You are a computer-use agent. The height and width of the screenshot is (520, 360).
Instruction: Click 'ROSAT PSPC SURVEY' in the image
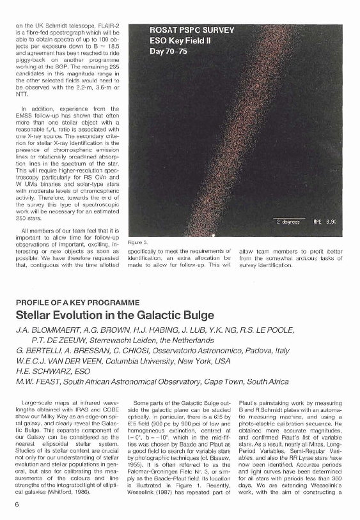192,29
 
